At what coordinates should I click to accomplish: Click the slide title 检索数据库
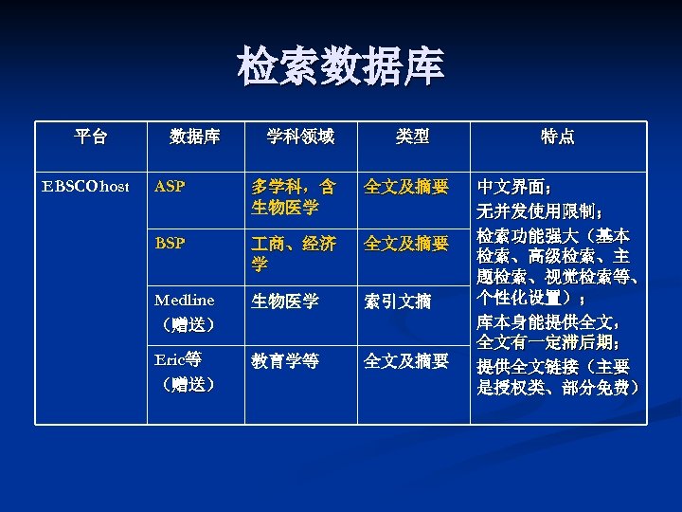(340, 67)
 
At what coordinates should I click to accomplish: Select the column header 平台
(91, 137)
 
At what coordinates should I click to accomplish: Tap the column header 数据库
(194, 137)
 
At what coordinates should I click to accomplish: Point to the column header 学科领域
(299, 137)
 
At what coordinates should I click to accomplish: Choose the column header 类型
(412, 137)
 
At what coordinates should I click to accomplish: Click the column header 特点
(557, 137)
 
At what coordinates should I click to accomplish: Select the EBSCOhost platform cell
(86, 187)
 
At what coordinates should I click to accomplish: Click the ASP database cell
(170, 187)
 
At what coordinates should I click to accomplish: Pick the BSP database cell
(170, 244)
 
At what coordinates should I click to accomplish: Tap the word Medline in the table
(186, 302)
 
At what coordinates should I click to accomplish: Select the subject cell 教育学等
(285, 361)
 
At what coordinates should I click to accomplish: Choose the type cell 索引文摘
(398, 302)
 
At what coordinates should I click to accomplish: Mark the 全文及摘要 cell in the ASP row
(406, 187)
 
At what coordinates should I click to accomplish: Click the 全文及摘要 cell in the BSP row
(406, 244)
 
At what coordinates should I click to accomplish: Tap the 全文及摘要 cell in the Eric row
(406, 361)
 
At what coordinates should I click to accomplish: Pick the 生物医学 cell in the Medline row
(285, 302)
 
